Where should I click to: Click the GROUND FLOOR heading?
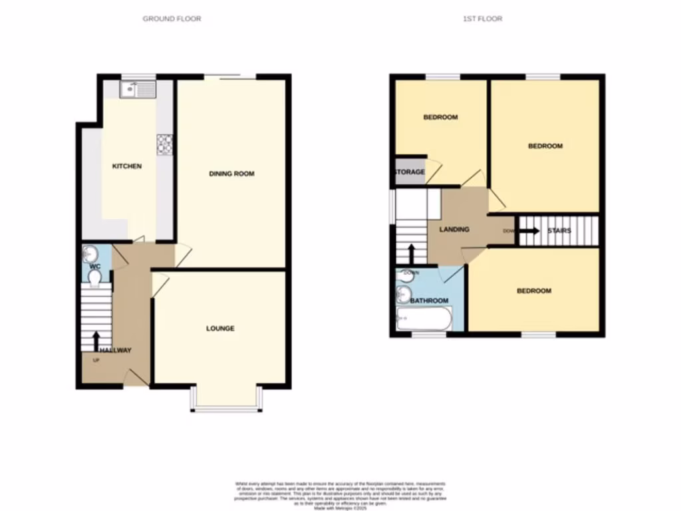click(x=172, y=19)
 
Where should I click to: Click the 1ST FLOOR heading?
click(x=482, y=19)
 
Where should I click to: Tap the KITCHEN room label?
click(x=126, y=166)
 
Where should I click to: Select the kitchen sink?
click(x=138, y=89)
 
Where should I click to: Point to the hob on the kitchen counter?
click(x=164, y=144)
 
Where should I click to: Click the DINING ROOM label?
click(x=232, y=174)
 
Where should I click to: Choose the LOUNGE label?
click(x=220, y=329)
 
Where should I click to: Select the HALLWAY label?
click(x=115, y=351)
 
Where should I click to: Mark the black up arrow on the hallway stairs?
click(x=96, y=339)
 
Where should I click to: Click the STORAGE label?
click(x=410, y=172)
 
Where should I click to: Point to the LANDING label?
click(x=454, y=230)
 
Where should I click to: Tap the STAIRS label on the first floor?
click(x=559, y=231)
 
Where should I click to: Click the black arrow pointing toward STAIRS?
click(x=529, y=231)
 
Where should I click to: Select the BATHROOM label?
click(x=429, y=301)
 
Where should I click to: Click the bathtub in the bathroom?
click(x=424, y=319)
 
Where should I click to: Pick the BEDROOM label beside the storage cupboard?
click(x=440, y=118)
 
